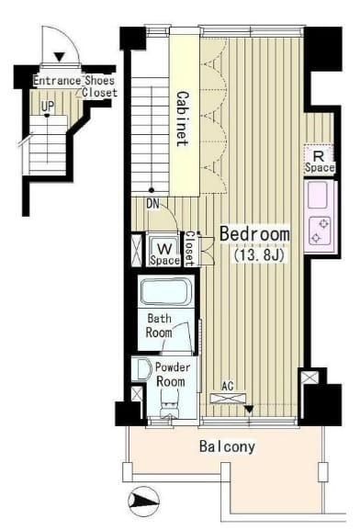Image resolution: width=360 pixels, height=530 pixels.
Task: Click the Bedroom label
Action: click(x=254, y=234)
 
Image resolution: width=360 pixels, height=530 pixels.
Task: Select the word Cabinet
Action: click(x=183, y=118)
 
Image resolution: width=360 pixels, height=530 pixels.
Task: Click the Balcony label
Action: click(x=227, y=446)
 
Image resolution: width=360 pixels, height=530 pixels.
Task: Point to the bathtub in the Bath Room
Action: click(x=165, y=292)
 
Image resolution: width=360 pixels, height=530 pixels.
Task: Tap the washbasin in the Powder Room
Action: click(x=141, y=369)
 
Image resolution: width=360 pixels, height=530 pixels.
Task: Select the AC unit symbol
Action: click(x=228, y=398)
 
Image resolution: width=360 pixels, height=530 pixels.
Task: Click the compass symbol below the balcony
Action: click(x=143, y=501)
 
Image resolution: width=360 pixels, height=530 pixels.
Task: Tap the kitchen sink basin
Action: click(x=318, y=195)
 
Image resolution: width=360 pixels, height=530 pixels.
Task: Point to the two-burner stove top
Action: click(x=320, y=231)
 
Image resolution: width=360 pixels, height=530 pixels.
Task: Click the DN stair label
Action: click(x=152, y=204)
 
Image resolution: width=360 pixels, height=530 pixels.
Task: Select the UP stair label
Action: click(x=48, y=107)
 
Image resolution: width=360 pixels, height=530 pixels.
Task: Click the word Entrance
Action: click(x=57, y=81)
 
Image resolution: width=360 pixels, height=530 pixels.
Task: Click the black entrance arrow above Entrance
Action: click(x=60, y=57)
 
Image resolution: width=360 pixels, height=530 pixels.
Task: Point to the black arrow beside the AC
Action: click(x=249, y=410)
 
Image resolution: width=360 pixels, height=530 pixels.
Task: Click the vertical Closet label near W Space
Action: click(x=189, y=249)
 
